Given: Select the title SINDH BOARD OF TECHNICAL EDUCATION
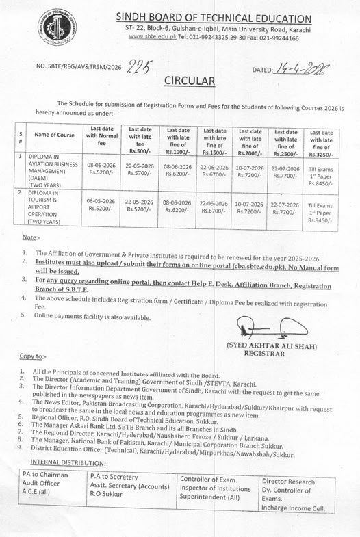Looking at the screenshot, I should [214, 16].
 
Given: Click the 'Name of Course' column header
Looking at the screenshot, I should [54, 135].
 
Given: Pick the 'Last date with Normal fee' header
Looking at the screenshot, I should [102, 135].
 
